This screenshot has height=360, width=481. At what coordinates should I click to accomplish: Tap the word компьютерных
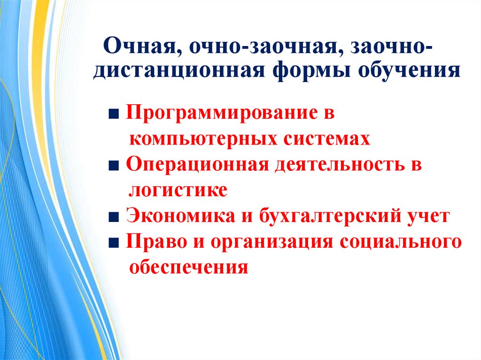pos(203,139)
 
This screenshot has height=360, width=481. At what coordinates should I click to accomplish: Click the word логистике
pos(178,191)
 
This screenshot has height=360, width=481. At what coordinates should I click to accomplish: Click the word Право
pos(156,242)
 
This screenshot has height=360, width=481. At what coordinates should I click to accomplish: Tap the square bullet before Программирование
pos(114,115)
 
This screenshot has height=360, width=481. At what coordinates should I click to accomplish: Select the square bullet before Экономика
pos(114,217)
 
